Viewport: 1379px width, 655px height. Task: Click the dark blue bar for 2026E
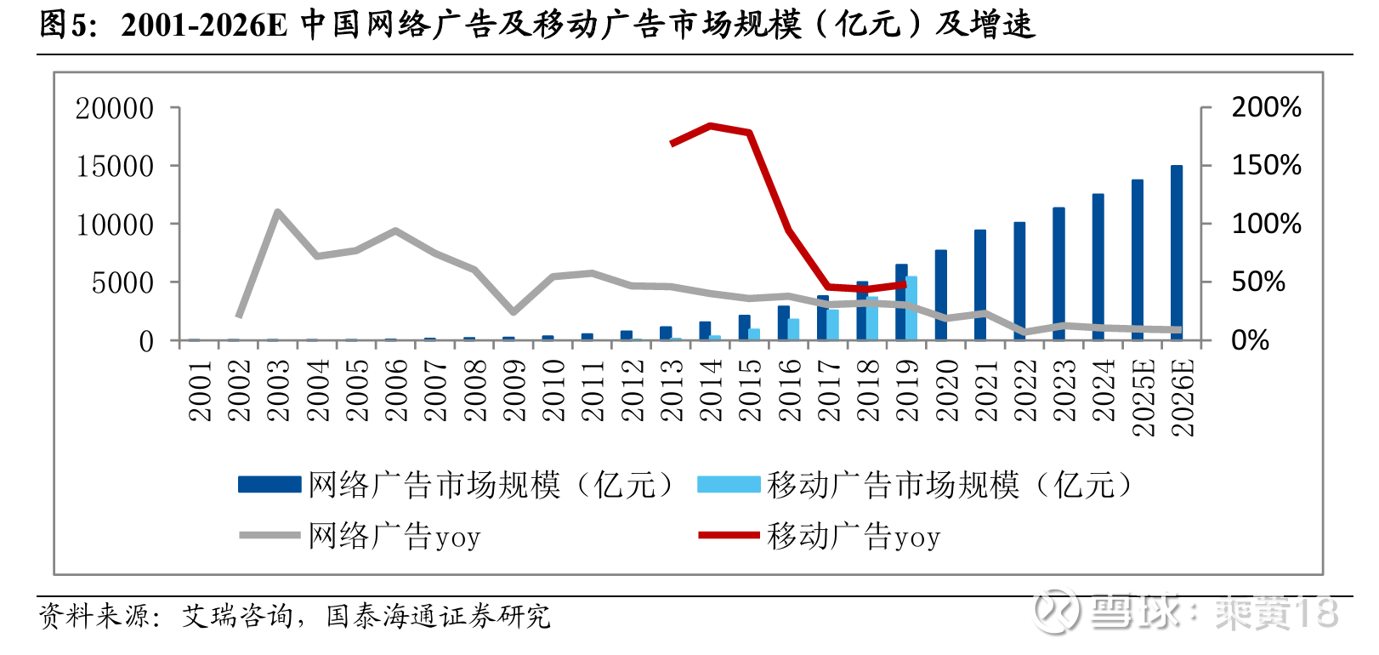click(x=1177, y=253)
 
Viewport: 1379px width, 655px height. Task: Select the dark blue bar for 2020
click(x=941, y=295)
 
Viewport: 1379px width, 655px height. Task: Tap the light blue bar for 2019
click(x=912, y=308)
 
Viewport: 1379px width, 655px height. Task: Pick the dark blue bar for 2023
click(x=1058, y=274)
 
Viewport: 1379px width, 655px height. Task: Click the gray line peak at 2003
click(x=278, y=211)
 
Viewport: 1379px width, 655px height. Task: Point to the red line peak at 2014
click(x=710, y=126)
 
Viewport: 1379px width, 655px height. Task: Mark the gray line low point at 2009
click(x=513, y=312)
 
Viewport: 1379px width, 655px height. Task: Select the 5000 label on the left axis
click(x=122, y=282)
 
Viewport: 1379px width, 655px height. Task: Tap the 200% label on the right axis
click(x=1266, y=107)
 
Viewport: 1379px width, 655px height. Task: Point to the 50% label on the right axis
click(x=1258, y=282)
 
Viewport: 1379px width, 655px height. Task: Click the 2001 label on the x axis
click(x=201, y=390)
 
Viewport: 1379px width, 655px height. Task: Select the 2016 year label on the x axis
click(x=790, y=390)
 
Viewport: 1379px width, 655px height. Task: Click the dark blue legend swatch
click(x=270, y=485)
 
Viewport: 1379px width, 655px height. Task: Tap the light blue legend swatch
click(x=729, y=485)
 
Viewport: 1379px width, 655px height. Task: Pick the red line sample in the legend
click(x=729, y=535)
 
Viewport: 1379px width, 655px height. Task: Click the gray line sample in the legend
click(x=270, y=535)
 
